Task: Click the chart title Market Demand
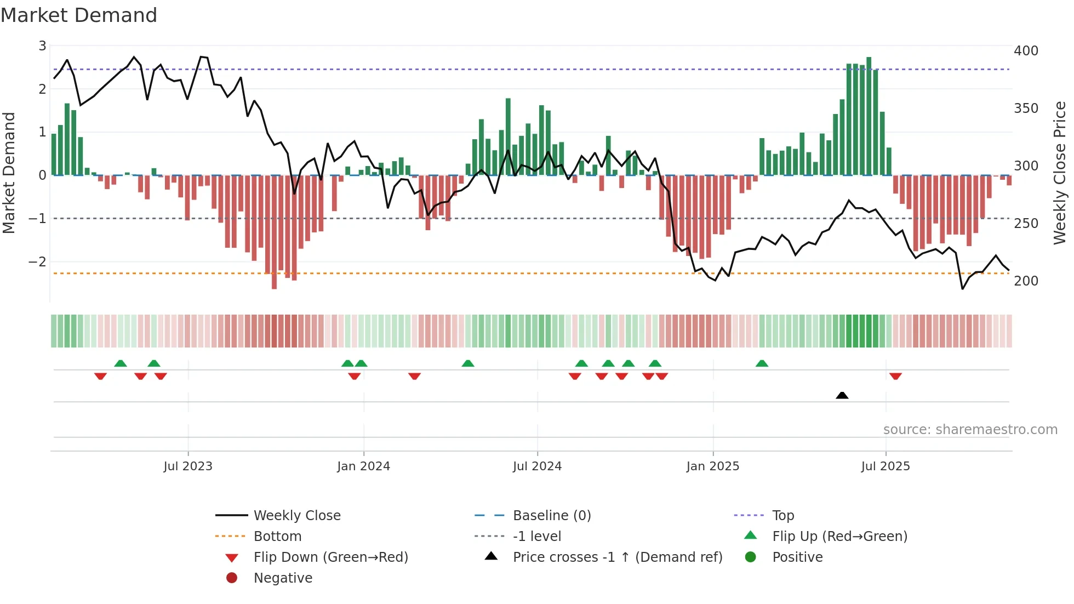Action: click(79, 15)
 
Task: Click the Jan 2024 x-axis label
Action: click(363, 466)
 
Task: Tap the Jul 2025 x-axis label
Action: click(885, 466)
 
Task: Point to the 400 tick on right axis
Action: click(1026, 51)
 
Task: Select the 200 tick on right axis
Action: click(1026, 281)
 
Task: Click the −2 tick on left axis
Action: click(37, 262)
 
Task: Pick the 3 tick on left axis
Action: click(42, 46)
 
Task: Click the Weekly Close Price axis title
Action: click(1060, 173)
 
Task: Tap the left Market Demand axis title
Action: click(9, 173)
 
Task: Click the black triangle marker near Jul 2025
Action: click(842, 395)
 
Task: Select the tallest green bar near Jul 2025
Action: click(869, 115)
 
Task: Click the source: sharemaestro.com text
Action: click(970, 430)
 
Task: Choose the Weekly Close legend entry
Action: click(296, 516)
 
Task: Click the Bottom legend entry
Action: click(277, 537)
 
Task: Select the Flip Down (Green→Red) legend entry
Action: click(330, 557)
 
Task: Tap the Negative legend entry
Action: click(283, 578)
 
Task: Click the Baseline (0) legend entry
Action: click(551, 516)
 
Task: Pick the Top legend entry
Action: click(782, 516)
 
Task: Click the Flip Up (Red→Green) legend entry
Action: click(839, 537)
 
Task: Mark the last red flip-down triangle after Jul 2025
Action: click(895, 376)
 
